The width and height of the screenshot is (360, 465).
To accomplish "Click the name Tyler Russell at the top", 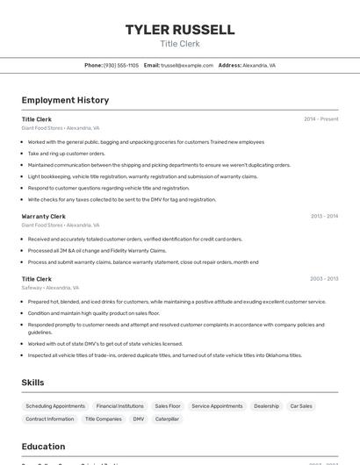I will pos(180,30).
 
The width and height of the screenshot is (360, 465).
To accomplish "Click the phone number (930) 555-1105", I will pos(121,65).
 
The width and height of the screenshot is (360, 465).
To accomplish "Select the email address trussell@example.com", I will pos(187,65).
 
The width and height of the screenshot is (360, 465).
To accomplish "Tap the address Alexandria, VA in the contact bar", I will pos(259,65).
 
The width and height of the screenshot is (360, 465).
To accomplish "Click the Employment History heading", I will pos(65,100).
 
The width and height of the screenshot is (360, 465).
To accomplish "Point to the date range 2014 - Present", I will pos(320,119).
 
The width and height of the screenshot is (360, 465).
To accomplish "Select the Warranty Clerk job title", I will pos(43,216).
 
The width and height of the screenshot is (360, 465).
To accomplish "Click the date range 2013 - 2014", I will pos(324,216).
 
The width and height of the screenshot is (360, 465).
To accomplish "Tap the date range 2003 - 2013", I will pos(324,279).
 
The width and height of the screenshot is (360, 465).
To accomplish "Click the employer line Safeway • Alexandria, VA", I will pos(50,288).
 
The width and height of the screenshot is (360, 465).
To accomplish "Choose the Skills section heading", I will pos(33,383).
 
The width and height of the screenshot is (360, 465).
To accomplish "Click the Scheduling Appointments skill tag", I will pos(55,406).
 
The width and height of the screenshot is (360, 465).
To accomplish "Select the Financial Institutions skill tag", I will pos(119,406).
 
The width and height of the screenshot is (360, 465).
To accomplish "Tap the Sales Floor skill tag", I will pos(168,406).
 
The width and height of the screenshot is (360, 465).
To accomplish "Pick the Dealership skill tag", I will pos(266,406).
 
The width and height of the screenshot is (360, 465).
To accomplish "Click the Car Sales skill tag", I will pos(301,406).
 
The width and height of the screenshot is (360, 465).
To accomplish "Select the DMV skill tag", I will pos(139,419).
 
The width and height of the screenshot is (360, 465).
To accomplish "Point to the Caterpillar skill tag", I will pos(168,419).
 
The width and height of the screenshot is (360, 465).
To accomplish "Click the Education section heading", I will pos(43,446).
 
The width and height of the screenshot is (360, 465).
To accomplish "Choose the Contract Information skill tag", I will pos(50,419).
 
